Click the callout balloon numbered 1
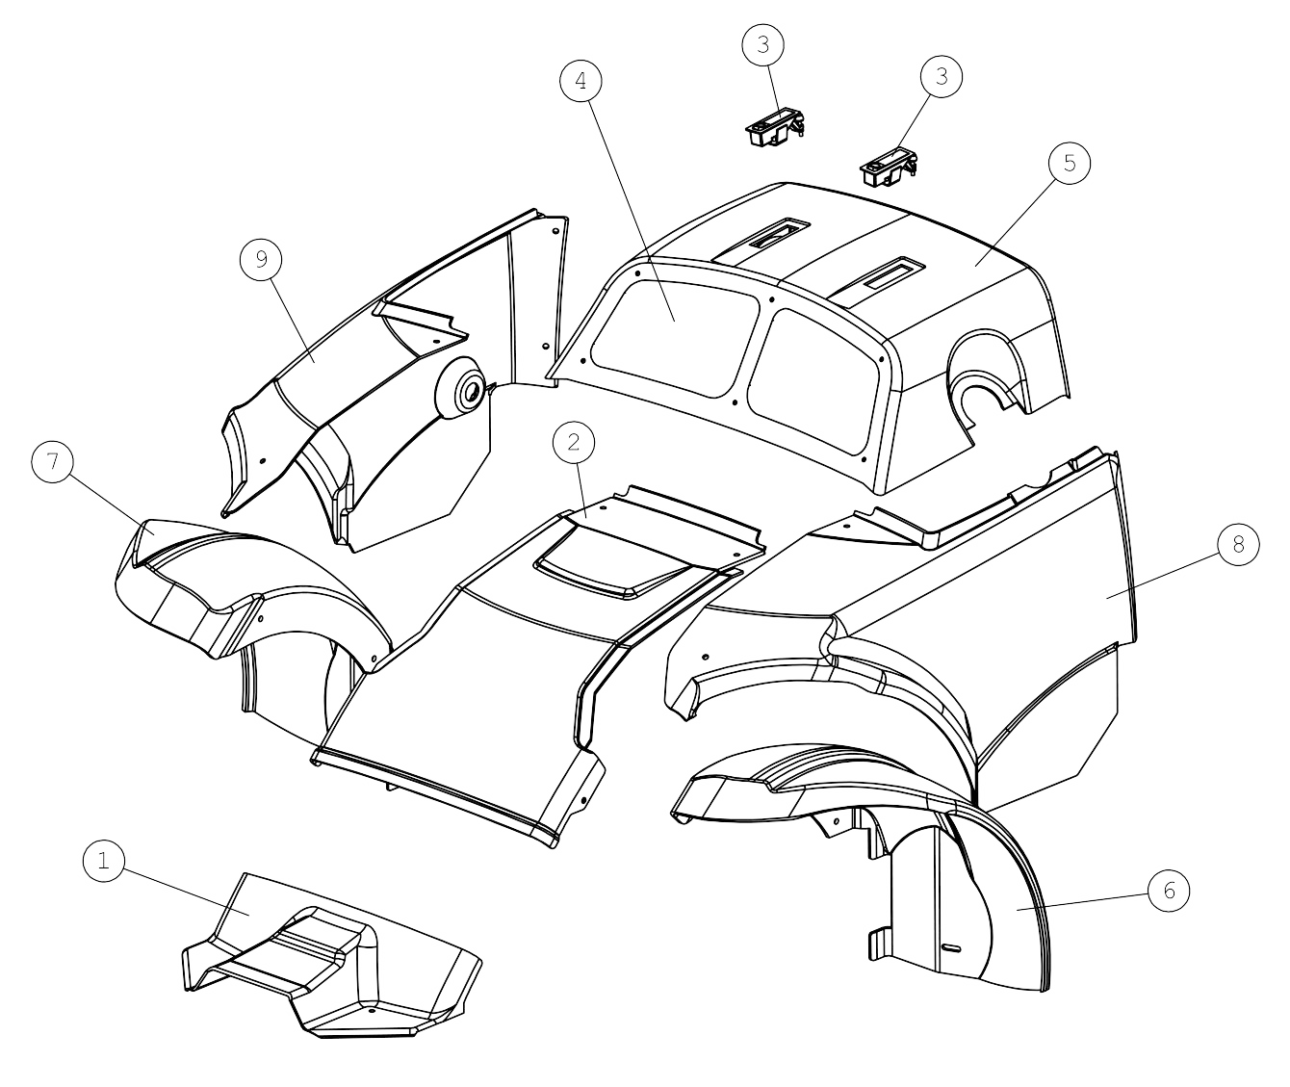(x=104, y=860)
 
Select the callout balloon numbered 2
(x=574, y=443)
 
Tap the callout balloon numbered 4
(x=580, y=81)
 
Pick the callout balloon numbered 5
(x=1070, y=163)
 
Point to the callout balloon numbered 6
(x=1169, y=891)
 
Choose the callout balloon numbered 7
(x=53, y=461)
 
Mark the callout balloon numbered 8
(x=1238, y=544)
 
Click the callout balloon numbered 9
(x=261, y=260)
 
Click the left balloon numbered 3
(x=763, y=45)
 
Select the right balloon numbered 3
(x=942, y=77)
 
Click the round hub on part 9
(x=461, y=387)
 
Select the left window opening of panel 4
(x=675, y=337)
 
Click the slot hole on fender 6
(x=952, y=948)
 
